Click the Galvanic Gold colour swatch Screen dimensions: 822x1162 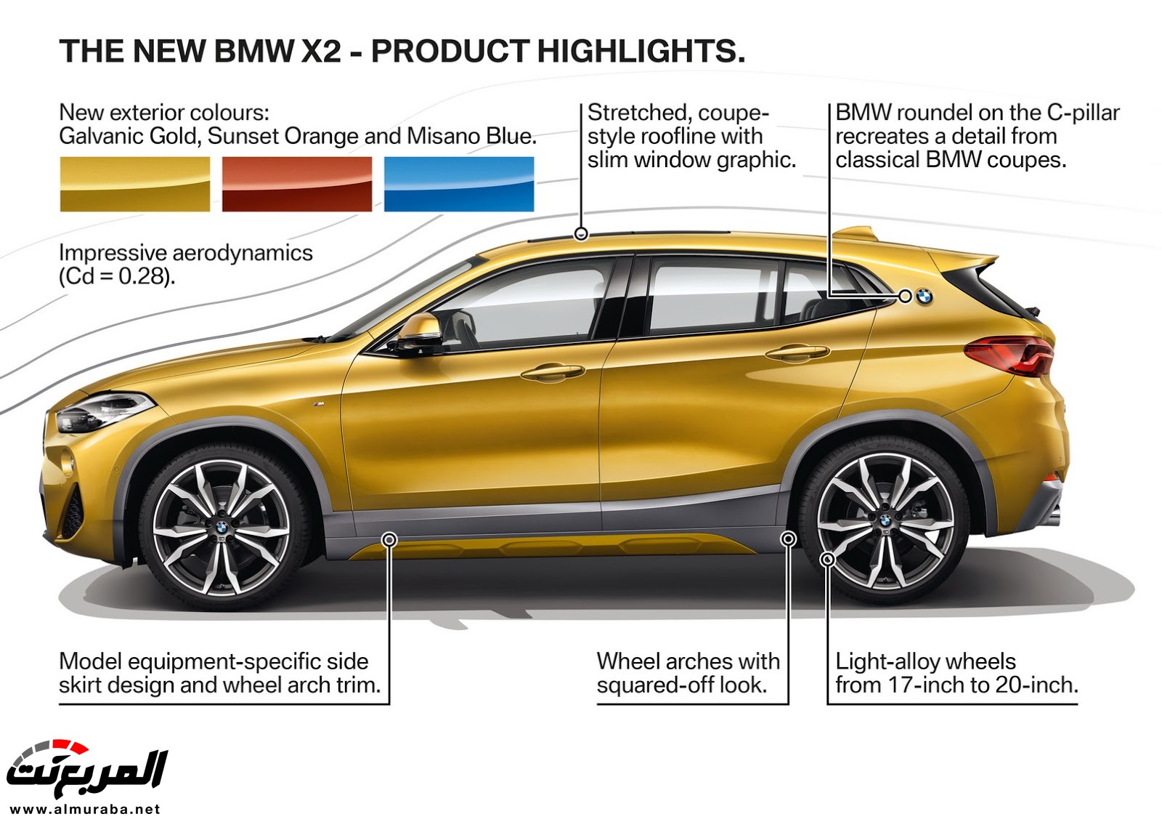[134, 185]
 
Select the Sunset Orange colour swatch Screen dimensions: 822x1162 [296, 185]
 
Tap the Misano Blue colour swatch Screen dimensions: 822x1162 [458, 185]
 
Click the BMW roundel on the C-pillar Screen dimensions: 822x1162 [924, 297]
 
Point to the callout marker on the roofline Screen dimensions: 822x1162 [580, 234]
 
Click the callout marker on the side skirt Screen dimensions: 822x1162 [389, 539]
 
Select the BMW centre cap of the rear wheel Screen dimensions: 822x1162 [885, 520]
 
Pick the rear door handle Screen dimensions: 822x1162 [797, 353]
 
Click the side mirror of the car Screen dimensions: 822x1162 [419, 332]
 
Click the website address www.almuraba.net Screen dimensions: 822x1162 [85, 809]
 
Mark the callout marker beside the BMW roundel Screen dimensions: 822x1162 [904, 296]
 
